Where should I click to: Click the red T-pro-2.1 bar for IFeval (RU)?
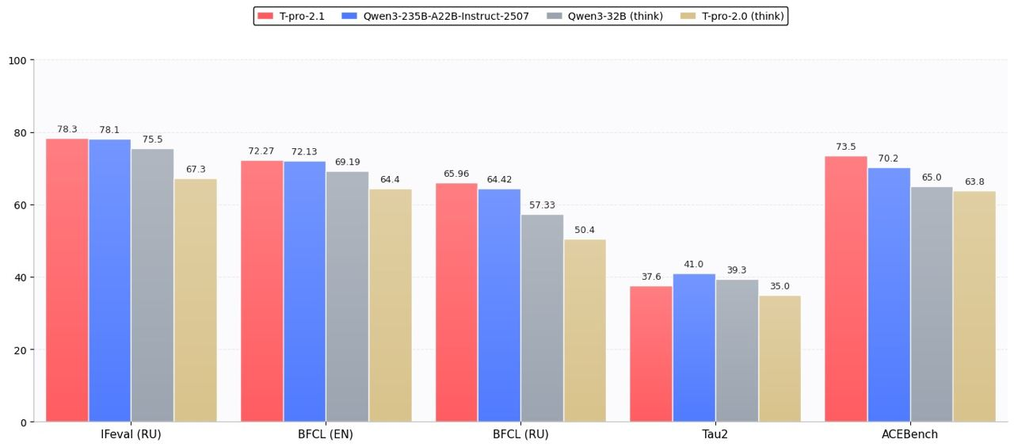coord(67,281)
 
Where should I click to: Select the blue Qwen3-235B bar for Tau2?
coord(694,348)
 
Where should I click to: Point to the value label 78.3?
coord(67,130)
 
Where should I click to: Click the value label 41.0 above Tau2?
coord(694,265)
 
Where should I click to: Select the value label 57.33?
coord(542,205)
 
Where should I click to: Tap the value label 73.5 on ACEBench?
coord(846,147)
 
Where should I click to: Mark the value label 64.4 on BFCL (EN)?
coord(390,180)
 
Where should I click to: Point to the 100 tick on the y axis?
coord(18,60)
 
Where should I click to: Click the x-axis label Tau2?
coord(715,435)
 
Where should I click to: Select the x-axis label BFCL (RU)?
coord(520,435)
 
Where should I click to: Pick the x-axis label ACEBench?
coord(909,435)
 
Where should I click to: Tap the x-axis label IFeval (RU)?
coord(131,435)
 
